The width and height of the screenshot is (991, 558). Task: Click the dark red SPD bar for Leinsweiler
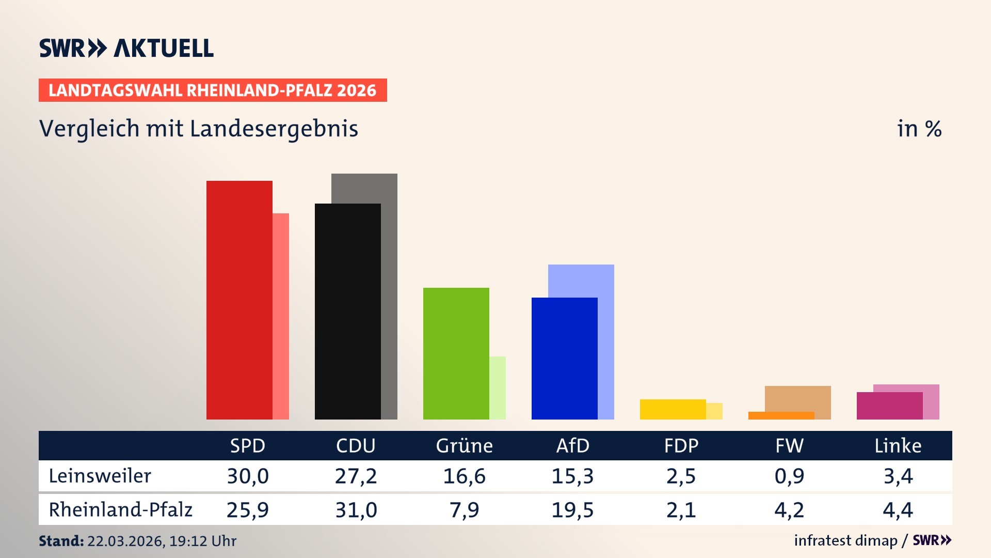coord(239,300)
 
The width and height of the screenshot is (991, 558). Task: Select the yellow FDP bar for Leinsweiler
coord(673,409)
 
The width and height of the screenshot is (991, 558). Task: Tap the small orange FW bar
coord(781,415)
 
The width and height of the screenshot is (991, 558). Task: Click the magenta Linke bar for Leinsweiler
coord(889,406)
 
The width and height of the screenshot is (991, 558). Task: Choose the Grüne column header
coord(464,445)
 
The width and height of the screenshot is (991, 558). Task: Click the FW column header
coord(789,445)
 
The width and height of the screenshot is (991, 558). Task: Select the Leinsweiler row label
coord(100,476)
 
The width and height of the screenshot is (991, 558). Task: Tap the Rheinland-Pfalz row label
coord(120,509)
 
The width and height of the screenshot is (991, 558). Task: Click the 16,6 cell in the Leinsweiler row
coord(464,476)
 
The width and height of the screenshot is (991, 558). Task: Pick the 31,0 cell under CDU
coord(356,510)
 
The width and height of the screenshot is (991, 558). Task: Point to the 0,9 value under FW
coord(789,476)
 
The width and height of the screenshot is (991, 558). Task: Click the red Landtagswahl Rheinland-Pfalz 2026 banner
coord(213,90)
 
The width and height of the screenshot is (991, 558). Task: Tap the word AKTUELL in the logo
coord(164,48)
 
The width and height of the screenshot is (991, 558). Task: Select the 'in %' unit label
coord(919,129)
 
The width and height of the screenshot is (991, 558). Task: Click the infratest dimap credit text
coord(845,540)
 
